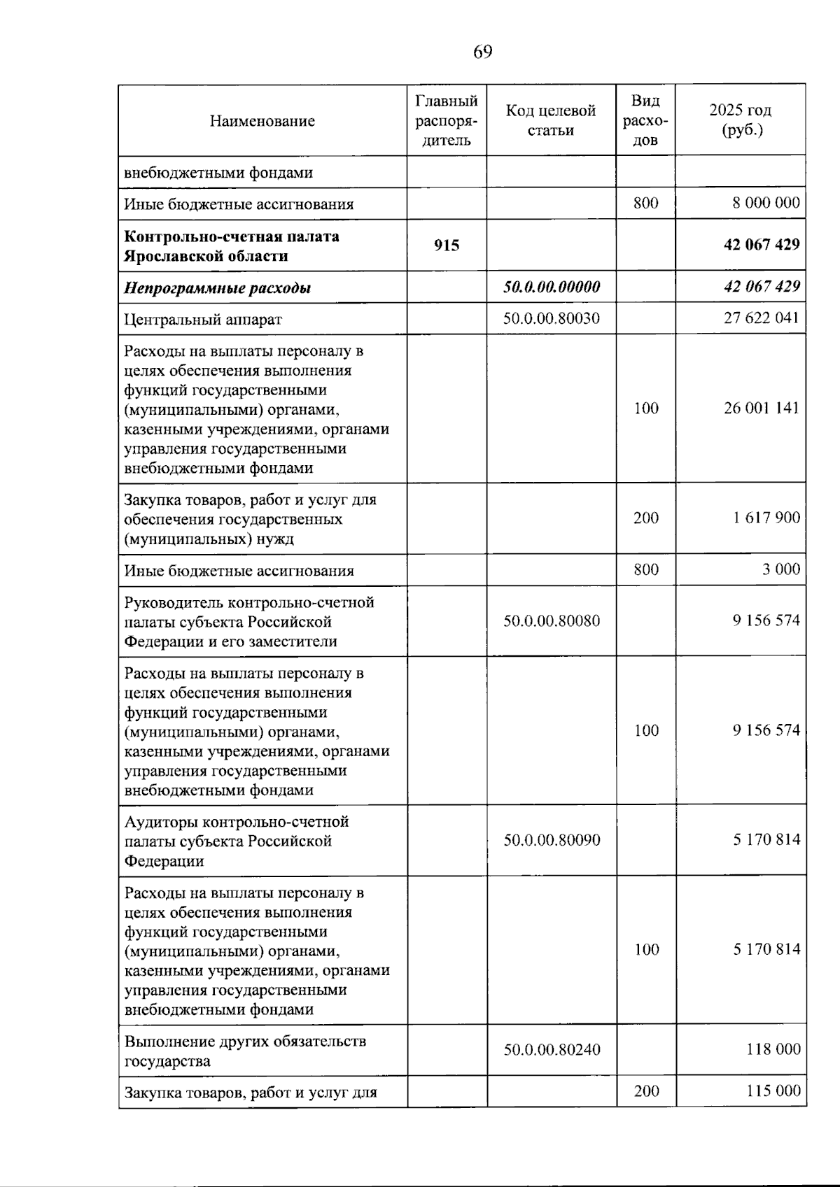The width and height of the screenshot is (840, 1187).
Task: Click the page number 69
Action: (x=482, y=52)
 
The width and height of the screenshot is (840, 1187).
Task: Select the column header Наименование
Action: (x=262, y=121)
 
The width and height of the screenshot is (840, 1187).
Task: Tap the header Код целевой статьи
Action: (x=551, y=120)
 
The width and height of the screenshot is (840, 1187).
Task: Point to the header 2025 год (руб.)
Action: (x=740, y=120)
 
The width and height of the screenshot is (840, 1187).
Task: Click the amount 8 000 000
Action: (x=766, y=203)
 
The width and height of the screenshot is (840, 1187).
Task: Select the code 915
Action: (x=446, y=245)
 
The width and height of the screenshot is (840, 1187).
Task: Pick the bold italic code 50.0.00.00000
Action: (x=551, y=287)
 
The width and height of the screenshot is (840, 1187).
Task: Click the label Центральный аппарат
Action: (x=203, y=320)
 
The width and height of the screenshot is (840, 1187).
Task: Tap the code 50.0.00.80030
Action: (x=551, y=318)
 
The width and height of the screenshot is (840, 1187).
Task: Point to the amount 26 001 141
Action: (x=761, y=408)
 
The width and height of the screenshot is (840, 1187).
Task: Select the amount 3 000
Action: (x=780, y=569)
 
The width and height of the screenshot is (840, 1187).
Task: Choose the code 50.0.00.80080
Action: (x=551, y=621)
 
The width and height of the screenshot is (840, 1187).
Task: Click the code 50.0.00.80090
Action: (x=551, y=840)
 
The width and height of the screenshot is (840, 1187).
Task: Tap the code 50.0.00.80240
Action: (x=551, y=1050)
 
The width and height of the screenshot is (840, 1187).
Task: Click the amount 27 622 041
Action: (x=761, y=318)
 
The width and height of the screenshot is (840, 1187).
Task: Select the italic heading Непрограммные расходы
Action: (x=217, y=288)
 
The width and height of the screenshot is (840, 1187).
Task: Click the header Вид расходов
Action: (x=645, y=120)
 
